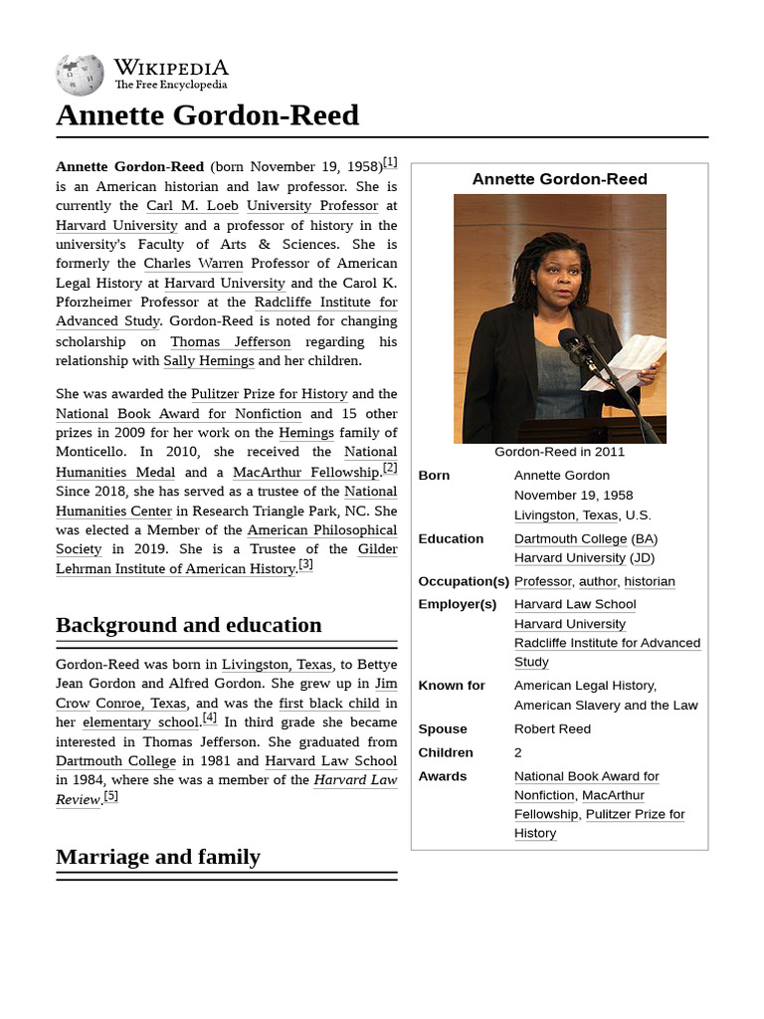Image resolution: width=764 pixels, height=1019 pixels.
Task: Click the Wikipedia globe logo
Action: [x=80, y=75]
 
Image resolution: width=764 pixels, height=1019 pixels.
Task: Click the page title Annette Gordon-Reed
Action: [x=207, y=115]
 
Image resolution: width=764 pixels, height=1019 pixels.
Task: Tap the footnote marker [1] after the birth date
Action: [x=390, y=162]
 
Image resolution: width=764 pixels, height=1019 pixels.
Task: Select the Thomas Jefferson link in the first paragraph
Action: [x=231, y=341]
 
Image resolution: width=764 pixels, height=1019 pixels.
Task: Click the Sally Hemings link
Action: [x=208, y=361]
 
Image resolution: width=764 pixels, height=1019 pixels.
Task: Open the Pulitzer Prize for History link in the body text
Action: [x=269, y=394]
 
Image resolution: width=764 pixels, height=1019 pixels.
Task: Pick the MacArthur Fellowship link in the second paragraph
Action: [x=306, y=472]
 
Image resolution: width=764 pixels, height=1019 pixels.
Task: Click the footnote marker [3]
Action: [x=305, y=564]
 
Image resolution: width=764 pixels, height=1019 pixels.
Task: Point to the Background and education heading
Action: [x=188, y=625]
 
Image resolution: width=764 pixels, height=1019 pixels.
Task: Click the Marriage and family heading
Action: [x=157, y=857]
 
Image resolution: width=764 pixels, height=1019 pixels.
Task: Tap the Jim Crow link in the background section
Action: [x=385, y=684]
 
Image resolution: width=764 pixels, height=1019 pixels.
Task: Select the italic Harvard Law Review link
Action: [x=355, y=780]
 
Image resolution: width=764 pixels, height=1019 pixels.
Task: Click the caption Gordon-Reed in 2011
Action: [x=559, y=452]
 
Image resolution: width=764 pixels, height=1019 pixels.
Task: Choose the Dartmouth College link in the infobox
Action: [x=570, y=538]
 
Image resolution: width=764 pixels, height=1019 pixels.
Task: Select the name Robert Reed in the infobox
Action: [x=552, y=728]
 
